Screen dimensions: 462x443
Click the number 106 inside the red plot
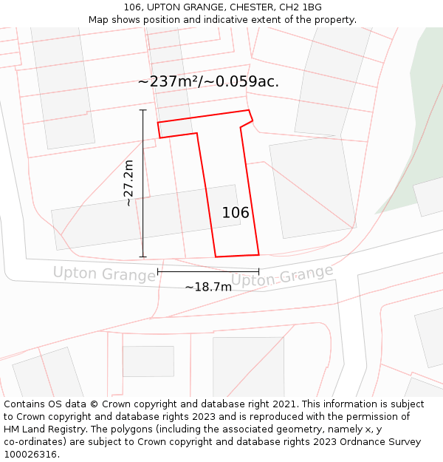(236, 213)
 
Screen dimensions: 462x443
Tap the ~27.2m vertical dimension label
(128, 183)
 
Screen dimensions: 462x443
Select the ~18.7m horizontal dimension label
(208, 287)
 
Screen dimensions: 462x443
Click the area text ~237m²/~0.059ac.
(208, 82)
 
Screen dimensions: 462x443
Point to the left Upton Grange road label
(104, 274)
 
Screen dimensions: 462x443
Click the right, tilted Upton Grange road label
(282, 276)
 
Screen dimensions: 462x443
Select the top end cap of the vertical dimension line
(143, 110)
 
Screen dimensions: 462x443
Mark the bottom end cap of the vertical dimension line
(143, 257)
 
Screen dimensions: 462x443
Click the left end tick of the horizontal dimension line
(158, 272)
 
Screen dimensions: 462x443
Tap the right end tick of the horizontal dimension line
(258, 272)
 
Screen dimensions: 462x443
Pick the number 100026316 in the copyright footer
(29, 455)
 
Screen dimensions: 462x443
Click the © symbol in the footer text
(94, 404)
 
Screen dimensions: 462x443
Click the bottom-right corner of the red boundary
(258, 255)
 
